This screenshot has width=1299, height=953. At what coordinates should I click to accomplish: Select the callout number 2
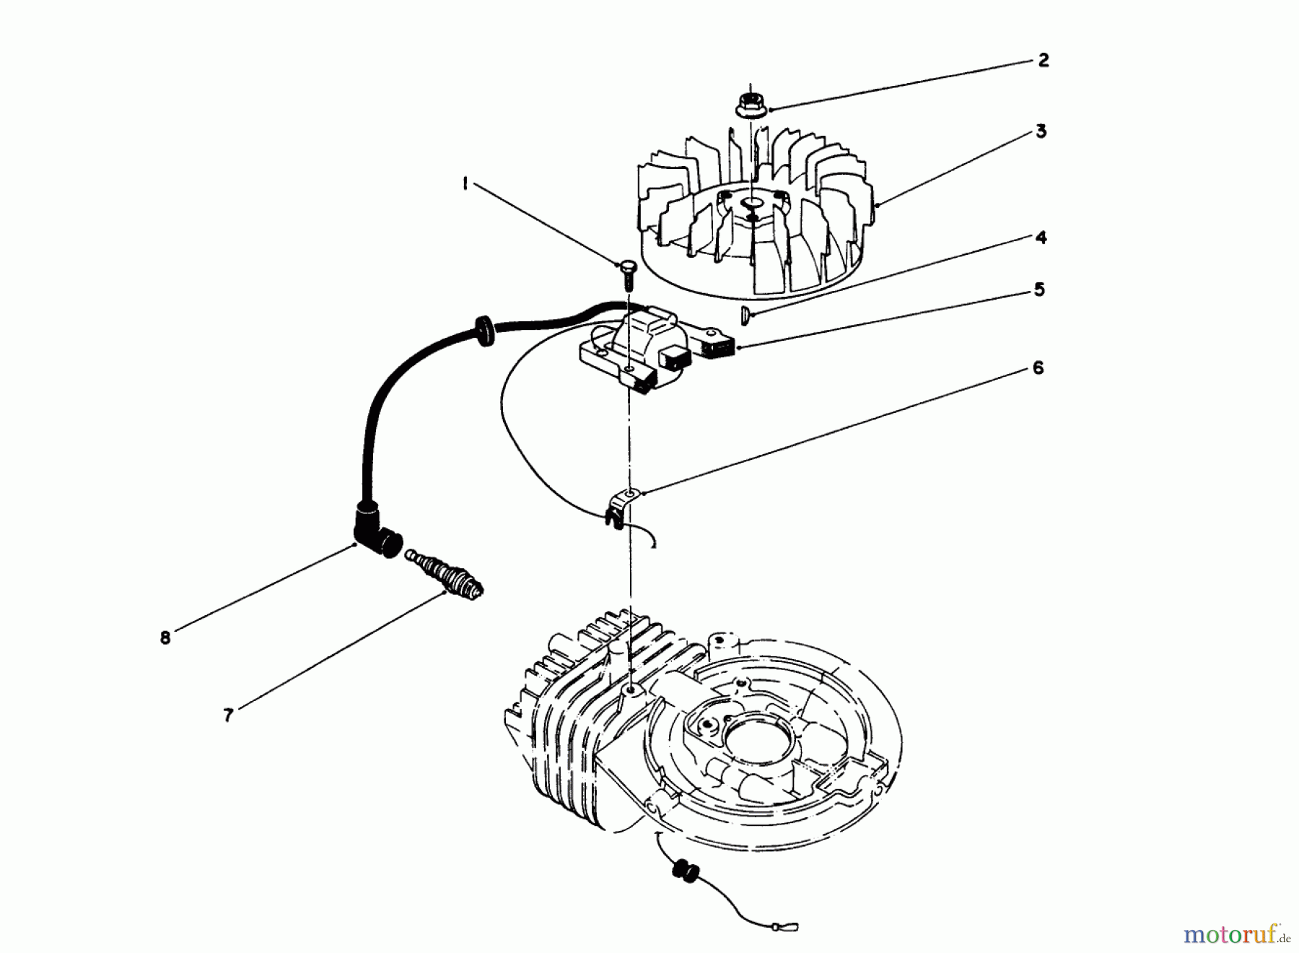pos(1044,61)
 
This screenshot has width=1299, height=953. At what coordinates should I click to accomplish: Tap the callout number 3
pos(1041,132)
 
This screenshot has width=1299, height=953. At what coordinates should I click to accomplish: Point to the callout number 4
pos(1041,238)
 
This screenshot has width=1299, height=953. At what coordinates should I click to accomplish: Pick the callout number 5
pos(1039,290)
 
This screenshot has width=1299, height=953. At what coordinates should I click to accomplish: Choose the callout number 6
pos(1038,368)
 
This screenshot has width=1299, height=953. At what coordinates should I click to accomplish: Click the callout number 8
pos(165,637)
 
